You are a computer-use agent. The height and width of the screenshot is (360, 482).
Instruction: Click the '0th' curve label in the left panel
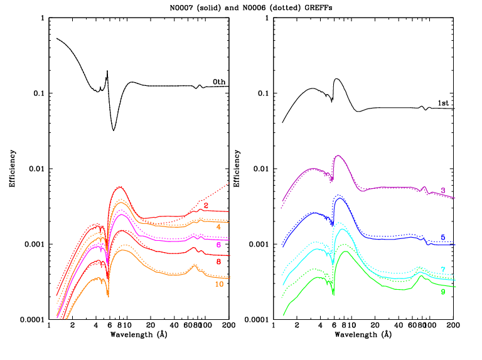coord(218,82)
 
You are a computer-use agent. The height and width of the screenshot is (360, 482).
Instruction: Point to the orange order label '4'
coord(218,226)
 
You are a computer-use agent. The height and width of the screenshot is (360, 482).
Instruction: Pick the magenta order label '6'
coord(218,245)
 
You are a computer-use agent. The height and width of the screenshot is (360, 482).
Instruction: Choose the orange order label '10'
coord(219,284)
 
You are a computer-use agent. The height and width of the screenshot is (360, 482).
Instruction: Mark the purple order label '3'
coord(442,191)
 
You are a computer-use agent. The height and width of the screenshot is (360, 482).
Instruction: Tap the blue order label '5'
coord(442,237)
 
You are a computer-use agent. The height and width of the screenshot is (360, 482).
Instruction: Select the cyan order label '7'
coord(442,270)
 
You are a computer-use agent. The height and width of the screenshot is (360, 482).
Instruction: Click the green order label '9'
coord(442,292)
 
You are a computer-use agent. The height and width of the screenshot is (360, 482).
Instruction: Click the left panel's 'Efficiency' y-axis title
coord(12,169)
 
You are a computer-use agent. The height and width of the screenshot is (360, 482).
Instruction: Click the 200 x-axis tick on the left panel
coord(228,326)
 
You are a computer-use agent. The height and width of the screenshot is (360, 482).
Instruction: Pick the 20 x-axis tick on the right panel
coord(375,326)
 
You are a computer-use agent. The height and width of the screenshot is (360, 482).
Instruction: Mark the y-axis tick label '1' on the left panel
coord(42,18)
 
